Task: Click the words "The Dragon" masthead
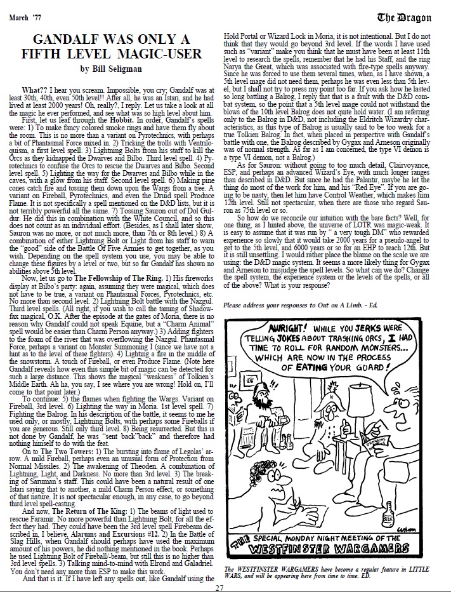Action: (415, 16)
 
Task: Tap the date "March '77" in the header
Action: (29, 15)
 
